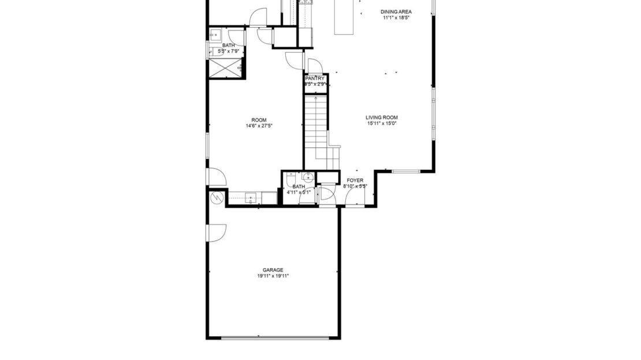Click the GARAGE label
click(273, 270)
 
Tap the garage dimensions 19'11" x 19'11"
click(273, 276)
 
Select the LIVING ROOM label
click(382, 117)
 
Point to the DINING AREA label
click(396, 12)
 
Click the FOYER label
click(355, 180)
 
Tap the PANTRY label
click(316, 79)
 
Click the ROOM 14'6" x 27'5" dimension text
click(259, 125)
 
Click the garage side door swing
click(217, 232)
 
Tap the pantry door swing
click(315, 65)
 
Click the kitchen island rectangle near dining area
click(345, 17)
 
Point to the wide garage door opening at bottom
click(273, 338)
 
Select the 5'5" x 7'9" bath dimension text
click(228, 51)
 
